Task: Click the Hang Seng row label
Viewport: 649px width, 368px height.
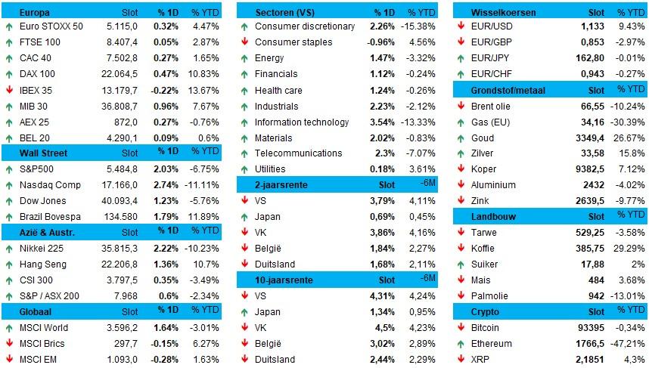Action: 43,264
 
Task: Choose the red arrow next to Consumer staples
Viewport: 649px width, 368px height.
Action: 244,42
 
